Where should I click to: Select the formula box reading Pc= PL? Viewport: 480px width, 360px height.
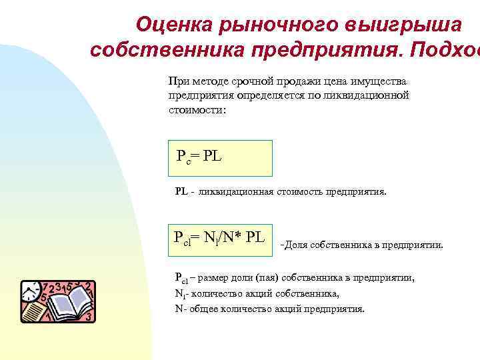click(x=219, y=158)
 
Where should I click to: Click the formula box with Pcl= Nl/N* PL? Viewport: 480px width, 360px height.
click(x=219, y=239)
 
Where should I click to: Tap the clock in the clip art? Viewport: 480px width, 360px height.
click(x=31, y=291)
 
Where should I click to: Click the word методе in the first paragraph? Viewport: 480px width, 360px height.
click(x=209, y=81)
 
